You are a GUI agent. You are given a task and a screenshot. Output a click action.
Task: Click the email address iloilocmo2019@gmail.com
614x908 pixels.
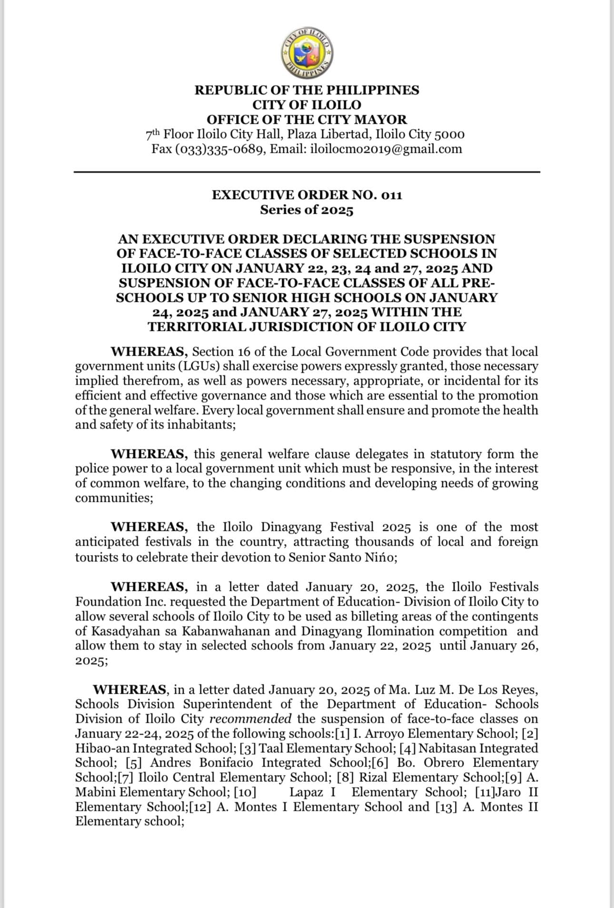386,149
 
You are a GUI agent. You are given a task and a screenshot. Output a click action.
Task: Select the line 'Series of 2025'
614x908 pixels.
307,210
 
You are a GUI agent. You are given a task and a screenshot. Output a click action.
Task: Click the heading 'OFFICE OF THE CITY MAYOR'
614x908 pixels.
307,120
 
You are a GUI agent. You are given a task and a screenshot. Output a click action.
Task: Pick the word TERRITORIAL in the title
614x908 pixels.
202,327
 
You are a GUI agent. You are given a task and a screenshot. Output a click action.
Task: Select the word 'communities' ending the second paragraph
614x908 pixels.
112,498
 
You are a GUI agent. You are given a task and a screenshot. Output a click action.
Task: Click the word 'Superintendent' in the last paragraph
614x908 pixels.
228,704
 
